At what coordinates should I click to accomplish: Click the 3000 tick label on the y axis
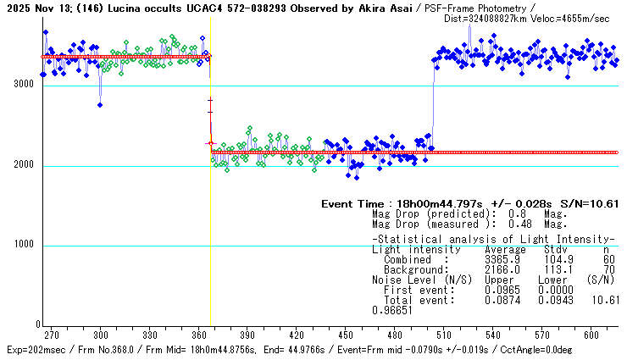19,86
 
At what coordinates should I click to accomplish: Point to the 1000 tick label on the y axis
19,246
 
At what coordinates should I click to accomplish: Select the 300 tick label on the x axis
101,335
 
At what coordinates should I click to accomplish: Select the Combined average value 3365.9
501,259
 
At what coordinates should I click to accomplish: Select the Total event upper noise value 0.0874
501,300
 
